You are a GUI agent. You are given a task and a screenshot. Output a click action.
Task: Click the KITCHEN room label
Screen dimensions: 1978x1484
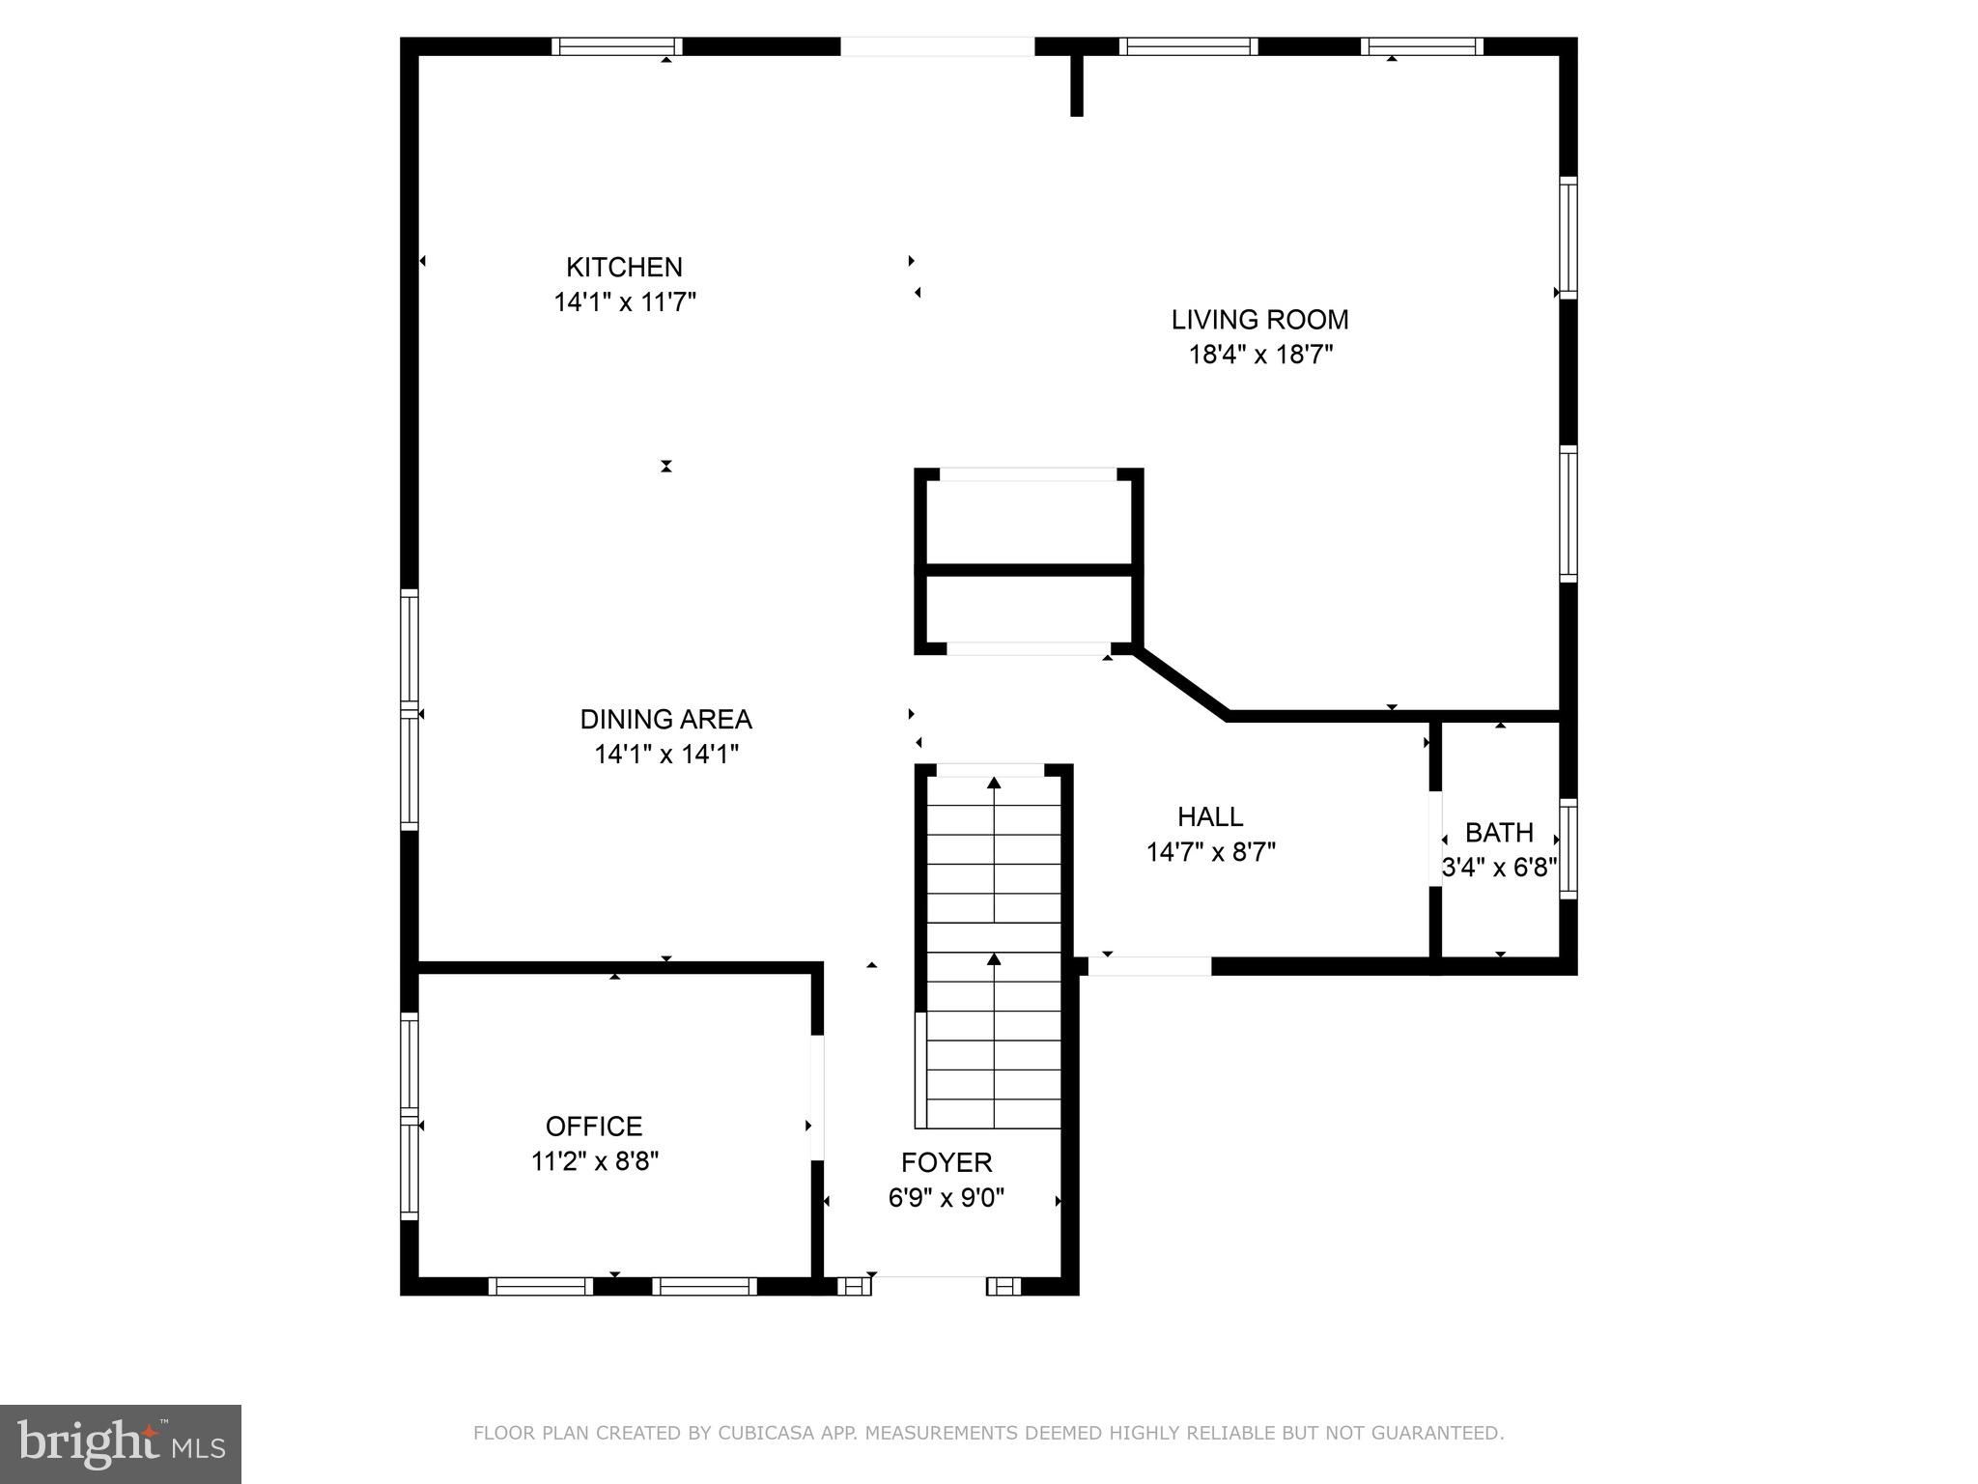click(624, 267)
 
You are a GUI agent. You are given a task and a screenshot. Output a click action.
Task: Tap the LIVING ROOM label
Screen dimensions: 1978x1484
click(1259, 320)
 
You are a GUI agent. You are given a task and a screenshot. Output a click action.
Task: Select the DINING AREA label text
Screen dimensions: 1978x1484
click(665, 719)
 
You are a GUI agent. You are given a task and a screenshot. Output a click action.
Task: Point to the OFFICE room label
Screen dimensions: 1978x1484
click(594, 1127)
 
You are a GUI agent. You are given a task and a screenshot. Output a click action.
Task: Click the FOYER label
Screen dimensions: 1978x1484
click(947, 1162)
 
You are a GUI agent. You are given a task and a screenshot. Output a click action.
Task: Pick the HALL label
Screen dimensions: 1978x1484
click(1210, 817)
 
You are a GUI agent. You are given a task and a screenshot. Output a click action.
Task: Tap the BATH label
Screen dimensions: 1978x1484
click(1499, 833)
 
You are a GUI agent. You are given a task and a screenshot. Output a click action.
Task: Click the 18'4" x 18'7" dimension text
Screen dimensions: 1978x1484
click(1260, 355)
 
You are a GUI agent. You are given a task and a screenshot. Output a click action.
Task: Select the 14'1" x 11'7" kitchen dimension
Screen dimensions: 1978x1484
click(625, 302)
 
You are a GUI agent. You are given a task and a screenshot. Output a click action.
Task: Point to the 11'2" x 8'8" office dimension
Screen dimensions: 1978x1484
click(595, 1161)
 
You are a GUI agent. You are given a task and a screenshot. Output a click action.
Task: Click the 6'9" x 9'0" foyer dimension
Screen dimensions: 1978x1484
click(947, 1198)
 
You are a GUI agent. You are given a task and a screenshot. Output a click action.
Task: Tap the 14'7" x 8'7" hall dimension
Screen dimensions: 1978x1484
click(1211, 852)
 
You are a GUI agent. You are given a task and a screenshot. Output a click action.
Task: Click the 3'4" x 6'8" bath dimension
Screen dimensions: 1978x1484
click(1500, 868)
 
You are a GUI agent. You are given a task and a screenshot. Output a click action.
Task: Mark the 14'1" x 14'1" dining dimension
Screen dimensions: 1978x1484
click(666, 754)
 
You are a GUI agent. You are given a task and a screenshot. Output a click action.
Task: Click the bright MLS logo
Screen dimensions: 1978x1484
click(121, 1444)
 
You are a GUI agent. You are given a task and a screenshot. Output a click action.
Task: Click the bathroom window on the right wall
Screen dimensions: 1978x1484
click(1568, 848)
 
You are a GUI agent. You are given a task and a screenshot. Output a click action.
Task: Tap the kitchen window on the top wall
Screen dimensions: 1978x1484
click(617, 46)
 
